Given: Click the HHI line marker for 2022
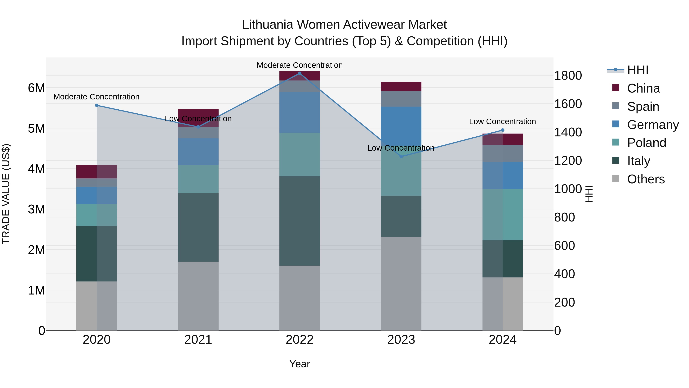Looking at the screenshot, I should pyautogui.click(x=300, y=73).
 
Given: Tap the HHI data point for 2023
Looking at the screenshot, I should pyautogui.click(x=401, y=157).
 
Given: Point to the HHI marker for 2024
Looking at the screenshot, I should pyautogui.click(x=503, y=130).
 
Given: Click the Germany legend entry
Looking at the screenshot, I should pyautogui.click(x=653, y=125).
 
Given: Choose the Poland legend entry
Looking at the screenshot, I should pyautogui.click(x=647, y=143).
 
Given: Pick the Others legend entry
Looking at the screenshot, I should pyautogui.click(x=646, y=179).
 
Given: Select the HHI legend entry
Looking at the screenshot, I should pyautogui.click(x=638, y=70).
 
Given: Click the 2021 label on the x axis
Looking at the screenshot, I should pyautogui.click(x=198, y=340).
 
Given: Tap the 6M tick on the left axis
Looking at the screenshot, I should pyautogui.click(x=36, y=88).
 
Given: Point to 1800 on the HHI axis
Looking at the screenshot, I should pyautogui.click(x=568, y=75).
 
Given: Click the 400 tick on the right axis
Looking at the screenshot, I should pyautogui.click(x=564, y=274).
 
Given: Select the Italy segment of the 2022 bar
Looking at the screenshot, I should pyautogui.click(x=300, y=221).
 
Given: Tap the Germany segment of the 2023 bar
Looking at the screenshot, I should pyautogui.click(x=401, y=126).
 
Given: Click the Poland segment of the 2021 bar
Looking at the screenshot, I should pyautogui.click(x=198, y=179).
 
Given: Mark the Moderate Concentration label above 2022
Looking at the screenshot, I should pyautogui.click(x=300, y=65).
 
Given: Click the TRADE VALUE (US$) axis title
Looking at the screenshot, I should pyautogui.click(x=6, y=194).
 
